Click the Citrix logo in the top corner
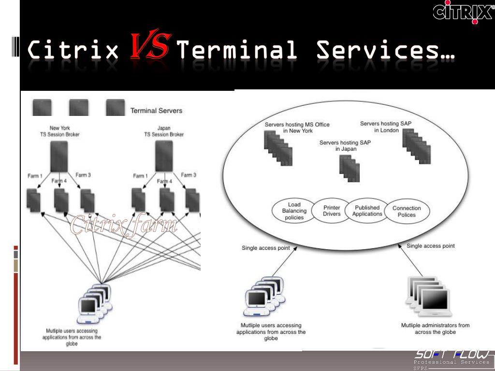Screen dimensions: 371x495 coord(463,12)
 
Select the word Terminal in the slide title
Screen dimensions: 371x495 coord(236,50)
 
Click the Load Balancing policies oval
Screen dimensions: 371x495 coord(294,211)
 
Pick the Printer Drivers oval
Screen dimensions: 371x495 coord(332,211)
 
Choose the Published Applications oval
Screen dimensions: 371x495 coord(367,211)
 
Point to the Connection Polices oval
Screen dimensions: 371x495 coord(407,212)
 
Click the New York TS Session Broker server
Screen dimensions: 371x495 coord(59,156)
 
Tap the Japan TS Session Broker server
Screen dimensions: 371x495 coord(164,156)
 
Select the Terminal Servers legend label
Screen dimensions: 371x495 coord(156,111)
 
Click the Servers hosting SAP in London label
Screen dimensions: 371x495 coord(386,127)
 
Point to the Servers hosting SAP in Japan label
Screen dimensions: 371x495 coord(345,146)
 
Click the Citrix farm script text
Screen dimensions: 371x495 coord(124,225)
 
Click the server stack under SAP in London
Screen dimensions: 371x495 coord(417,146)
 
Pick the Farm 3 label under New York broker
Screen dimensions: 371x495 coord(83,175)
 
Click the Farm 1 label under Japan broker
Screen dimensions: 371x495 coord(140,176)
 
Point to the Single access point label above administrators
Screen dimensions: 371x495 coord(430,246)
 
